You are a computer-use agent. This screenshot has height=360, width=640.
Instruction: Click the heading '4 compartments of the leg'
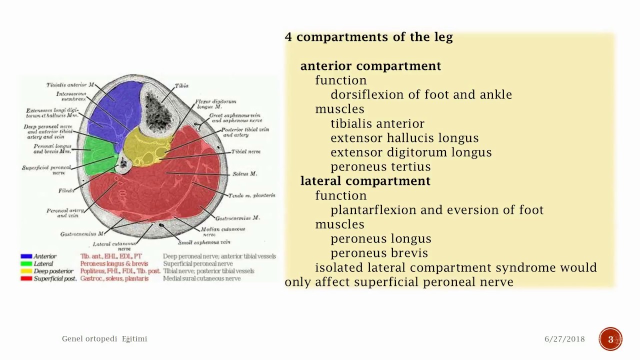coord(368,37)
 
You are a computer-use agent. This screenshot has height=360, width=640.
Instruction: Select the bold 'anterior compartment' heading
coord(370,66)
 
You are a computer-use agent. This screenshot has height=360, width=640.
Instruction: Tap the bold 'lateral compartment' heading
coord(365,181)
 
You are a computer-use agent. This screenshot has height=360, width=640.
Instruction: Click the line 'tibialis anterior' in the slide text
coord(377,123)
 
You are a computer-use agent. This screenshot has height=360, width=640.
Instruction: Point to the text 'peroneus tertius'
coord(380,166)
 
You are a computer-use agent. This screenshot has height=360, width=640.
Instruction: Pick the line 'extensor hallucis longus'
coord(404,138)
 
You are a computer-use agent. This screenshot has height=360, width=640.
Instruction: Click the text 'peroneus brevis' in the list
coord(379,253)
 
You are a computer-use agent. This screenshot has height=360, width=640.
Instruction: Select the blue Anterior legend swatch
coord(26,256)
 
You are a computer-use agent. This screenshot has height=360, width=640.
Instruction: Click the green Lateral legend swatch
coord(26,263)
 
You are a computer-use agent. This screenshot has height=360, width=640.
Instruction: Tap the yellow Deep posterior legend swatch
coord(26,271)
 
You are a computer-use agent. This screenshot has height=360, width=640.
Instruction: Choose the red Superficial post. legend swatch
coord(26,278)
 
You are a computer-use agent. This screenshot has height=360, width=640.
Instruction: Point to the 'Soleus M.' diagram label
coord(244,174)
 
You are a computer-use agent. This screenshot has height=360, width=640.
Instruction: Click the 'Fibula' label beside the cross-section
coord(65,191)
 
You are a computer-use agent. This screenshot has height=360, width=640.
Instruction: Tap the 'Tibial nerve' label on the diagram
coord(245,151)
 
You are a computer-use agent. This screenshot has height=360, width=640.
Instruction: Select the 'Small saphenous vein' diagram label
coord(204,242)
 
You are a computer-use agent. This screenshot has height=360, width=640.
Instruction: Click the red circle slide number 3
coord(610,339)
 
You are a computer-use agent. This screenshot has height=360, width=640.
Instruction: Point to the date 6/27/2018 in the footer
coord(564,339)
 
